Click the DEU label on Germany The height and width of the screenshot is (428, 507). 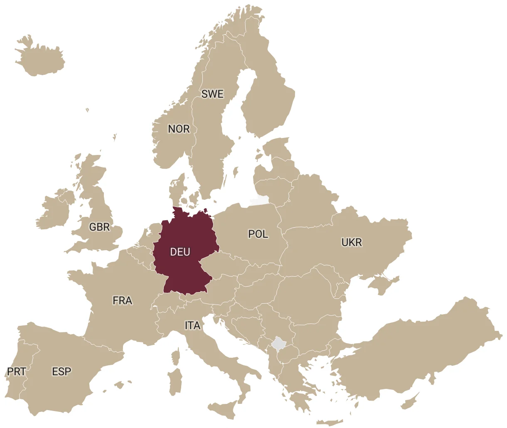(180, 252)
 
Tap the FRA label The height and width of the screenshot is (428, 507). (122, 300)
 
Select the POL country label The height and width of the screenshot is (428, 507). (258, 234)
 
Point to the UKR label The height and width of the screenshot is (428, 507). (352, 242)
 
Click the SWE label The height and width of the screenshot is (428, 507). (212, 94)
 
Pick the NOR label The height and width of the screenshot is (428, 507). (179, 129)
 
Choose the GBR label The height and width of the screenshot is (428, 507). (100, 227)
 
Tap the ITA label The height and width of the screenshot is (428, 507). (192, 325)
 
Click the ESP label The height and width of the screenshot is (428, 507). (62, 371)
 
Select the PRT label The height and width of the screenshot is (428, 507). (17, 371)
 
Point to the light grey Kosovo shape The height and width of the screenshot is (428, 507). (278, 344)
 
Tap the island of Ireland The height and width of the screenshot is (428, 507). (54, 209)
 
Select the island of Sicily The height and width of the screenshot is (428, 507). (225, 409)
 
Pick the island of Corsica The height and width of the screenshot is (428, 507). (176, 357)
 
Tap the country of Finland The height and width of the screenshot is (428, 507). (266, 96)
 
